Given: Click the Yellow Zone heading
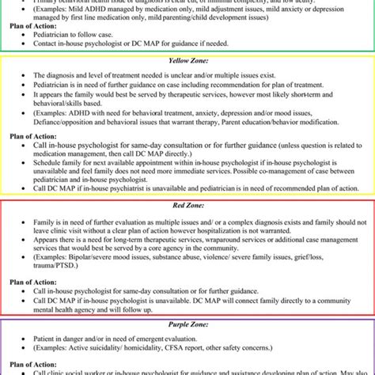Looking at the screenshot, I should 187,60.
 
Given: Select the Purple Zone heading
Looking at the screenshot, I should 187,324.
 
